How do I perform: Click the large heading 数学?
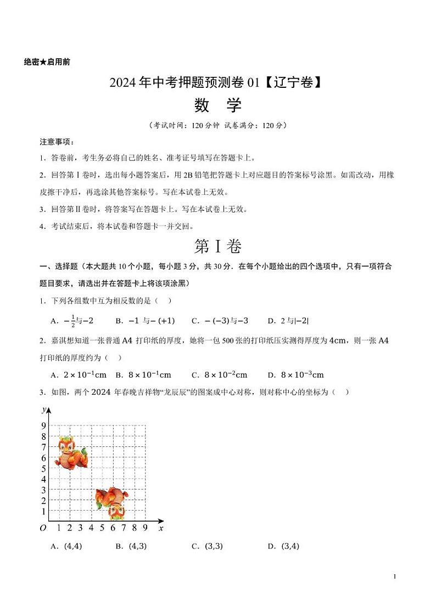tap(218, 104)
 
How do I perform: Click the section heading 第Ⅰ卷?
tap(218, 247)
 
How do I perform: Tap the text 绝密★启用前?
tap(47, 62)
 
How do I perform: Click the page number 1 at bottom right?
tap(395, 576)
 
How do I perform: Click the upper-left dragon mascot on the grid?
tap(71, 452)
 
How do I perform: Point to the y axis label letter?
tap(43, 410)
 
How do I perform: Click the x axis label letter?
tap(160, 528)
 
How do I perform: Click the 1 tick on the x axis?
tap(59, 528)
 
